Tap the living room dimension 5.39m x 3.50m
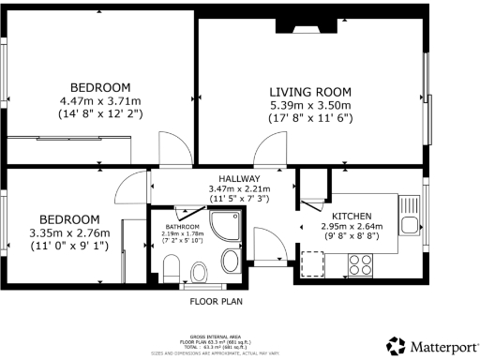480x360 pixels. coord(310,105)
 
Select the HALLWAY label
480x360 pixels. coord(239,178)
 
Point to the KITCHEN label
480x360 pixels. coord(350,215)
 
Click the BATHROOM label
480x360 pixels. coord(182,227)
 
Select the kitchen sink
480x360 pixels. coord(409,223)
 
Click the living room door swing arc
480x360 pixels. coord(274,147)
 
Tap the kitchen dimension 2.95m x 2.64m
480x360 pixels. coord(350,226)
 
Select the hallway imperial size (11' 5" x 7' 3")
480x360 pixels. coord(239,200)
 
